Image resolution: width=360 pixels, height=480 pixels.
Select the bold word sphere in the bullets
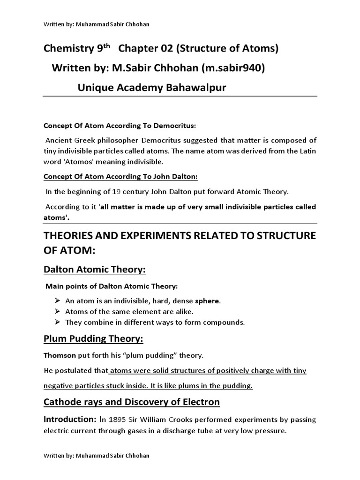click(207, 301)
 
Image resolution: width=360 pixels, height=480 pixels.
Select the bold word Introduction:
click(68, 419)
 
